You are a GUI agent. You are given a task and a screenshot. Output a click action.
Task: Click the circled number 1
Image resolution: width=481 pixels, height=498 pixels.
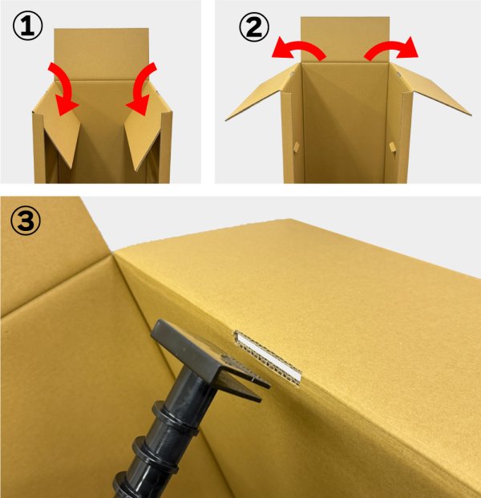(27, 26)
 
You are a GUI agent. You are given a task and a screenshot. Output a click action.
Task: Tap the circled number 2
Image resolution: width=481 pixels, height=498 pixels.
(254, 26)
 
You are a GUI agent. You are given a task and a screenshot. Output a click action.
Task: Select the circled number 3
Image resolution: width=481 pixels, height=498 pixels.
(26, 220)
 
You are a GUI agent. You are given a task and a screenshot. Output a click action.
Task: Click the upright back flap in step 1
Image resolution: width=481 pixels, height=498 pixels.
(101, 55)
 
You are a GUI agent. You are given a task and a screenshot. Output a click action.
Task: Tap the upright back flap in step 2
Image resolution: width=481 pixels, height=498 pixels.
(345, 39)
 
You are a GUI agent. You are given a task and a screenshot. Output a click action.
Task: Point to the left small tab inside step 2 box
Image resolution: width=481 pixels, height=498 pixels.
(297, 147)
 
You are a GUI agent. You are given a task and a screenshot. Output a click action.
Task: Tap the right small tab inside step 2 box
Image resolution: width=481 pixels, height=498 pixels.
(393, 147)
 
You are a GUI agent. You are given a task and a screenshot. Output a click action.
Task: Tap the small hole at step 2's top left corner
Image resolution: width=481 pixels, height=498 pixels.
(292, 74)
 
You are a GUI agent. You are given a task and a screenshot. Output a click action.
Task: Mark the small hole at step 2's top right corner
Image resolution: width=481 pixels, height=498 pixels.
(398, 75)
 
